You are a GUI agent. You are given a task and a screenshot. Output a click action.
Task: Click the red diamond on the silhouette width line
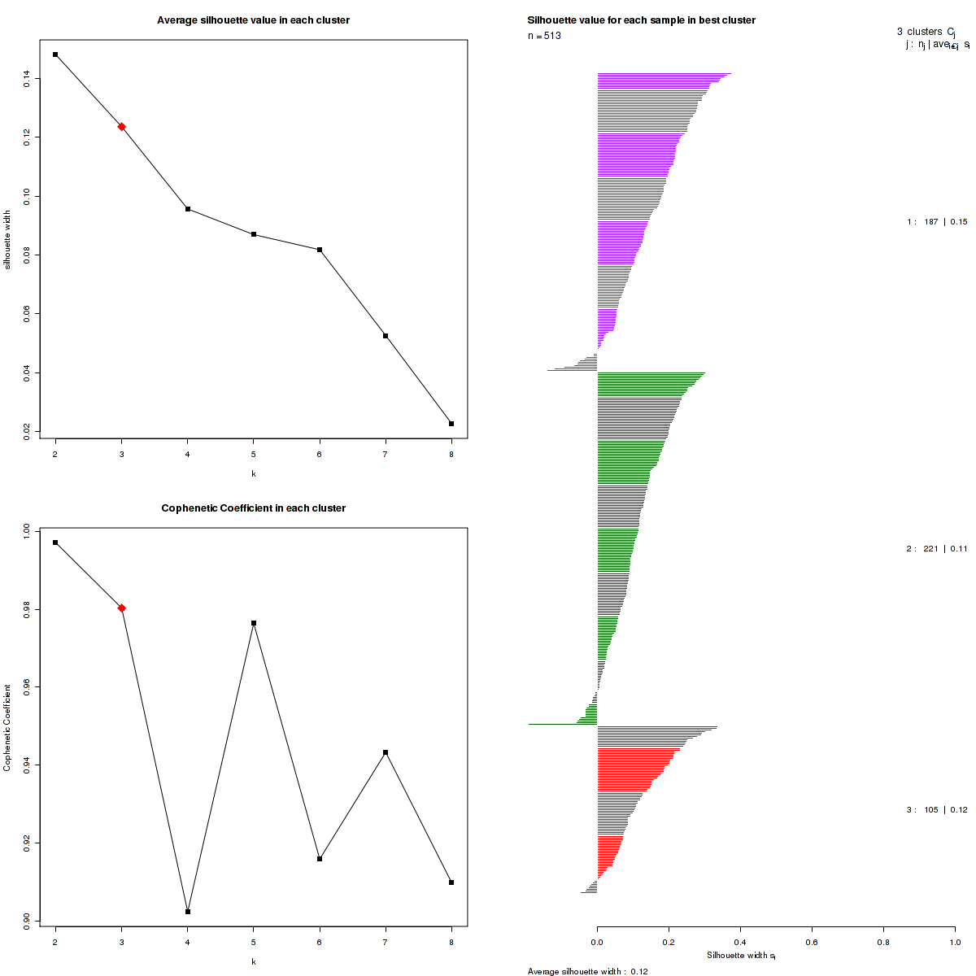coord(121,126)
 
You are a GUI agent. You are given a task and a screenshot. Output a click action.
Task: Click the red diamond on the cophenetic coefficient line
coord(121,608)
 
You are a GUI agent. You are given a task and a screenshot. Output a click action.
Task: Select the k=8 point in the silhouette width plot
coord(451,424)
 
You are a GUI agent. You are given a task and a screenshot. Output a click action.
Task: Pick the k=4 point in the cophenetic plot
coord(188,912)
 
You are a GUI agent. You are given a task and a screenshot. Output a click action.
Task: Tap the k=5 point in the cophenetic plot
coord(254,623)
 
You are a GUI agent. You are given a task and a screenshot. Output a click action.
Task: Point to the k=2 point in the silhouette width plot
coord(55,54)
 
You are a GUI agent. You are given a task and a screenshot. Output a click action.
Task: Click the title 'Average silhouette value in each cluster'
coord(253,20)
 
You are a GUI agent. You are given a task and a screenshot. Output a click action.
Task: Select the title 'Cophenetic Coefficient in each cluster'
coord(253,508)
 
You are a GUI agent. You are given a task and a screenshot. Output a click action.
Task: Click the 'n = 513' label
coord(544,36)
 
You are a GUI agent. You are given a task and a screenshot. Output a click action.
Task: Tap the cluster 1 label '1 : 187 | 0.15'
coord(937,222)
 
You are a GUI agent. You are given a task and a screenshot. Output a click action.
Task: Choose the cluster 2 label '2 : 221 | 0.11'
coord(937,549)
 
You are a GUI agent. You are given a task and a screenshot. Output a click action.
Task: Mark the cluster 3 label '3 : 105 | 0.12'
coord(937,810)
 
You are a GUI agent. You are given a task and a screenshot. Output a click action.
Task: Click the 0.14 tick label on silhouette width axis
coord(28,77)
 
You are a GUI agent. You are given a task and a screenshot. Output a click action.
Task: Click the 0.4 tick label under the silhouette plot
coord(740,942)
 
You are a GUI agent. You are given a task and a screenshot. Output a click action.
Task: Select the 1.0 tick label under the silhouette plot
coord(954,942)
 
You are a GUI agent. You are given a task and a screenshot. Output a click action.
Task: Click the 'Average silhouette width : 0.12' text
coord(587,971)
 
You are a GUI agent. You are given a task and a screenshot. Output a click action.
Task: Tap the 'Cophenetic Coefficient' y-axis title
coord(7,728)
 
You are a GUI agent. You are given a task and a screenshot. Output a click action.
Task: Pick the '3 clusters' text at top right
coord(920,32)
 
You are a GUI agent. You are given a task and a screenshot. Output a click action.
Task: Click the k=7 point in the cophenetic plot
coord(386,752)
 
